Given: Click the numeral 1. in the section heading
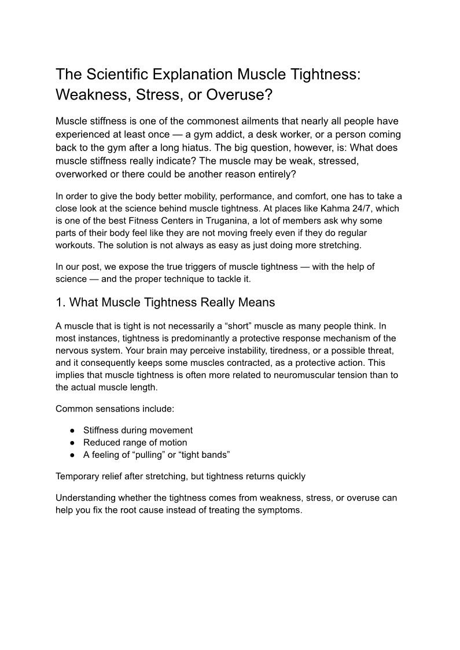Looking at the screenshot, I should pyautogui.click(x=61, y=302).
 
